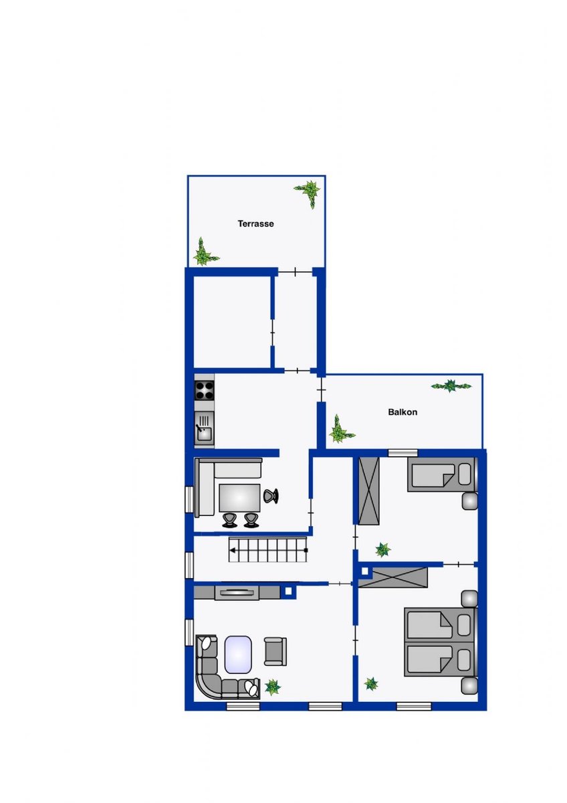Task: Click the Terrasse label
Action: [255, 224]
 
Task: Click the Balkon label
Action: [403, 412]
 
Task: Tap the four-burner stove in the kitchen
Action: [204, 390]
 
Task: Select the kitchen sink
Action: [204, 428]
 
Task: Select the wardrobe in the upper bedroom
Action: [369, 491]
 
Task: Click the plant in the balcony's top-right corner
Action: [451, 385]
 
